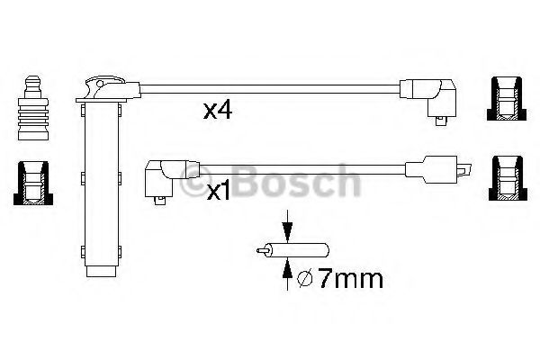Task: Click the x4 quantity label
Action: coord(218,111)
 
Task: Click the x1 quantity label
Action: coord(218,192)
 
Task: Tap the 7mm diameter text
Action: coord(350,278)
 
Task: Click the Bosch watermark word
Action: coord(297,181)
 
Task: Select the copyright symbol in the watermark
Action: coord(195,182)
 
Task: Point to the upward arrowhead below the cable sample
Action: coord(287,268)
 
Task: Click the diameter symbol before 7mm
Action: coord(304,278)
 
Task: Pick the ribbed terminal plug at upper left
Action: coord(33,107)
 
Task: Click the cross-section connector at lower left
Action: coord(33,183)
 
